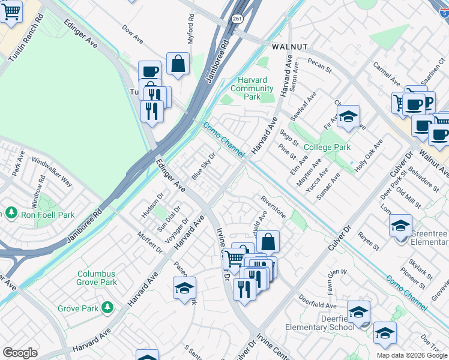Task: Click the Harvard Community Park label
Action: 253,88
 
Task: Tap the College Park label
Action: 327,147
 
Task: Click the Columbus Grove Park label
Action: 97,278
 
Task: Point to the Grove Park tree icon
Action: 107,308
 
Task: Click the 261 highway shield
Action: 238,20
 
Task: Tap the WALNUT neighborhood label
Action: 289,46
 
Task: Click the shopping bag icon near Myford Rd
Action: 178,64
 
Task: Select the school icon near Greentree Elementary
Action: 400,226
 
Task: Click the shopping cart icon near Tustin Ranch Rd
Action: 10,11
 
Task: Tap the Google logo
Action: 20,353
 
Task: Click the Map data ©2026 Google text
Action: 411,355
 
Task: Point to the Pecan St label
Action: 319,65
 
